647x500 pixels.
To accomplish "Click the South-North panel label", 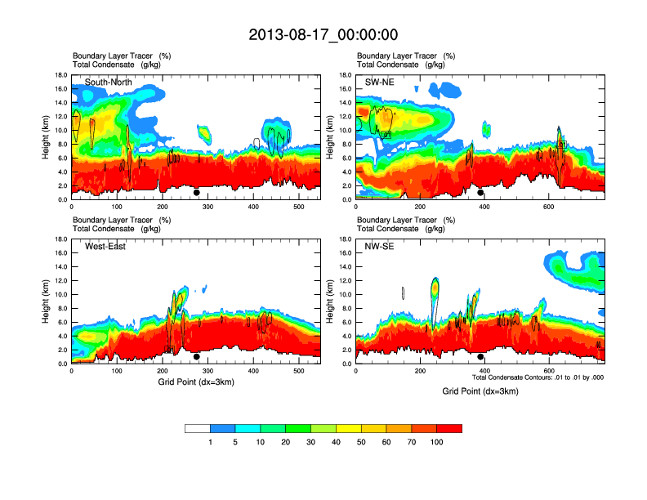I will (x=109, y=82).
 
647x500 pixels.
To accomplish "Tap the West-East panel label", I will (x=105, y=247).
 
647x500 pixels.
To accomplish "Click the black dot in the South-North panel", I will (x=197, y=194).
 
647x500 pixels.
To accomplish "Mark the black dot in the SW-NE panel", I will (x=480, y=194).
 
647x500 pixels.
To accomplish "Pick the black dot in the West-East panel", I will (x=197, y=357).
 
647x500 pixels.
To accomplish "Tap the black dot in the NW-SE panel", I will (x=480, y=357).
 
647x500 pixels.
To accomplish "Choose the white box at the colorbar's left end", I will (x=198, y=428).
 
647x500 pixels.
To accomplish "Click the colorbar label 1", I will (x=210, y=442).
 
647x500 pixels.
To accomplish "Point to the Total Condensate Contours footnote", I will (x=538, y=377).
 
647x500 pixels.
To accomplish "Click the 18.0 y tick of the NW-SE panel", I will (x=346, y=239).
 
